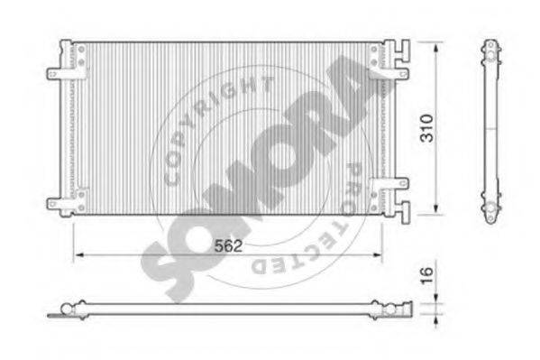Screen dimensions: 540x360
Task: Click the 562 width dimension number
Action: (228, 245)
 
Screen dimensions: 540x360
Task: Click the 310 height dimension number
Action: (427, 128)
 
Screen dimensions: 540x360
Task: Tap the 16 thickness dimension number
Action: (427, 275)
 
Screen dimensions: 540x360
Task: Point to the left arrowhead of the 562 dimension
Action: (79, 254)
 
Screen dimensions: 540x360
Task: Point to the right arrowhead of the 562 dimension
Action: (377, 254)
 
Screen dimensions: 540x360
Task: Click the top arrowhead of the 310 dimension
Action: (436, 47)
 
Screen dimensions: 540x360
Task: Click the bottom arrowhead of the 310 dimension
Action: (436, 208)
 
